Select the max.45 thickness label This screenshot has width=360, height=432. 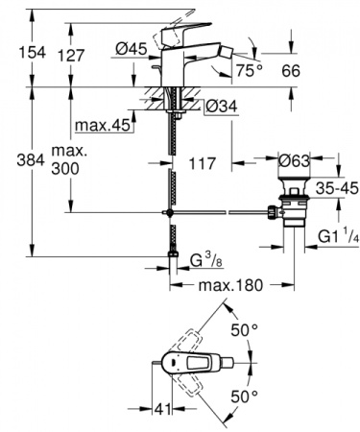pyautogui.click(x=102, y=126)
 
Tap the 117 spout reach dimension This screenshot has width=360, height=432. pyautogui.click(x=201, y=162)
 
